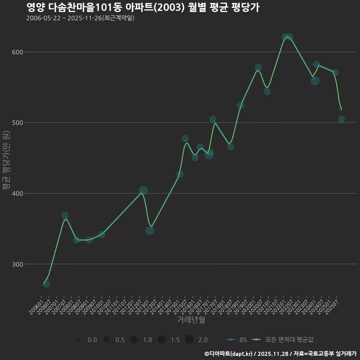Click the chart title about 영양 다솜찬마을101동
pos(143,7)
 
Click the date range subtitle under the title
pos(80,18)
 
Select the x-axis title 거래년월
pos(191,320)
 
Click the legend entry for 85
pos(236,340)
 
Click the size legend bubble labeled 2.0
pos(189,340)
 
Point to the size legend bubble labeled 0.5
pos(106,340)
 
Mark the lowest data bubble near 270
pos(46,284)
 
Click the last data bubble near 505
pos(341,119)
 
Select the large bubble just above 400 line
pos(143,190)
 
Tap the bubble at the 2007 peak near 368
pos(65,216)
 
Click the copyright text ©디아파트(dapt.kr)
pos(229,354)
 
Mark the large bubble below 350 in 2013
pos(150,230)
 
